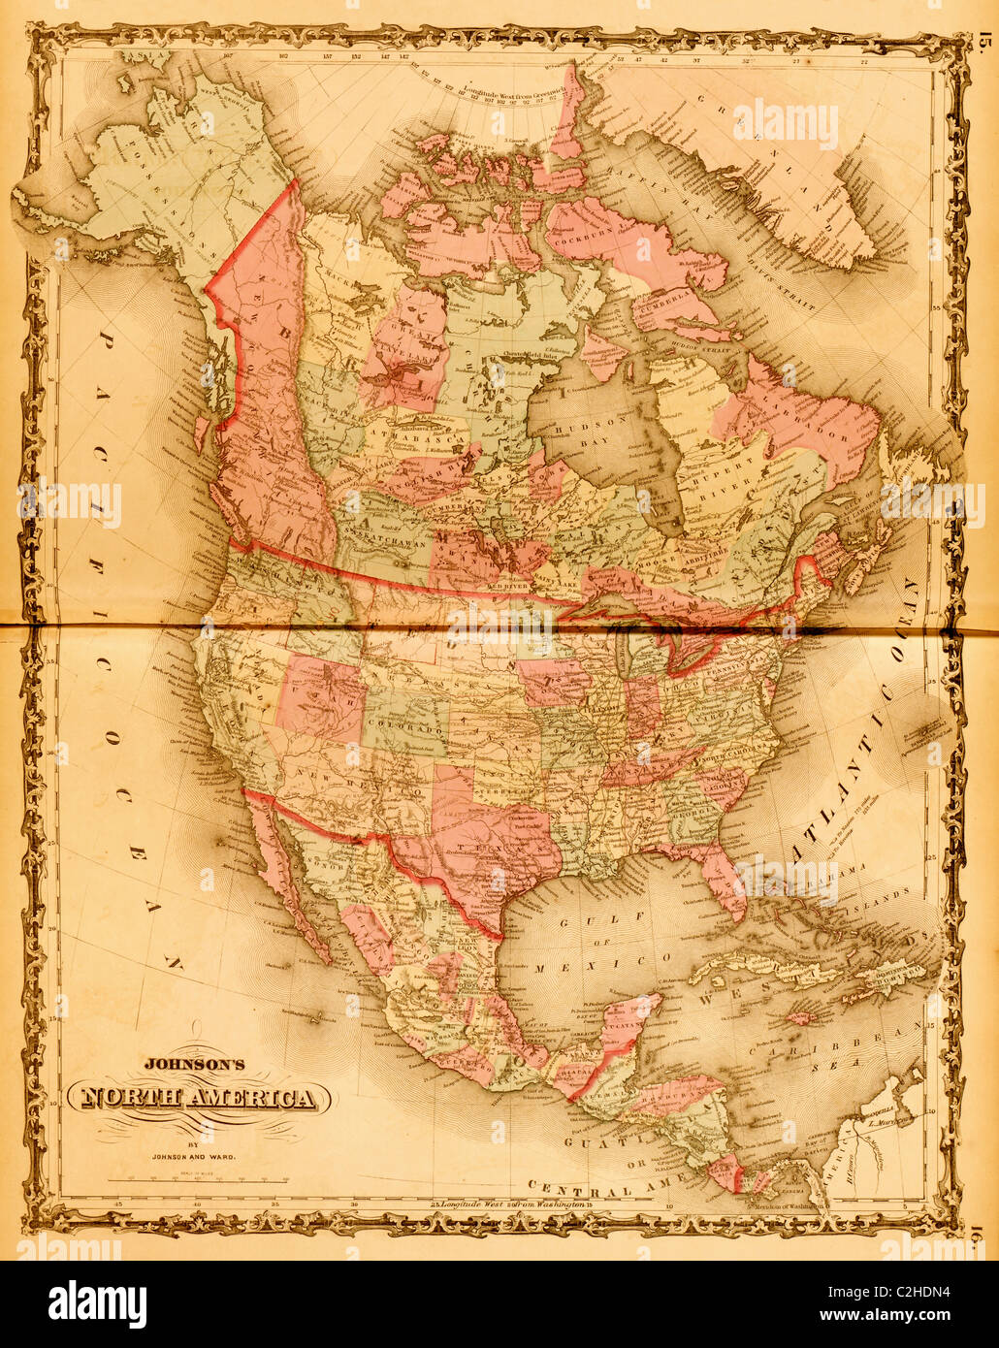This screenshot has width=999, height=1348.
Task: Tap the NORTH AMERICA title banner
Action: [x=199, y=1099]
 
